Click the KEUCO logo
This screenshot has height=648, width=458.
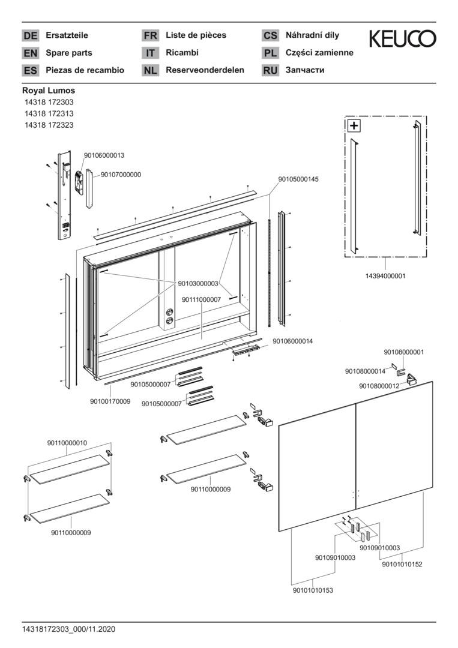pyautogui.click(x=402, y=40)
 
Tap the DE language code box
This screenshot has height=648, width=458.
pyautogui.click(x=30, y=35)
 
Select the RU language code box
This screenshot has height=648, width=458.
pyautogui.click(x=270, y=70)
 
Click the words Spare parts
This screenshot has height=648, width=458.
pyautogui.click(x=69, y=53)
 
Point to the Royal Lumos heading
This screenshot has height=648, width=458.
pyautogui.click(x=49, y=91)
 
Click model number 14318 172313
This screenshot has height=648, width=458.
pyautogui.click(x=49, y=113)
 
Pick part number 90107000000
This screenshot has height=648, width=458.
pyautogui.click(x=121, y=175)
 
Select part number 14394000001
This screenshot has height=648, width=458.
pyautogui.click(x=385, y=276)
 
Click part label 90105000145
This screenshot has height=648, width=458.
pyautogui.click(x=298, y=179)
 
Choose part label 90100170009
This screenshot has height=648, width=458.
pyautogui.click(x=110, y=401)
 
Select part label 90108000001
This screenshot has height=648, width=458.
pyautogui.click(x=404, y=352)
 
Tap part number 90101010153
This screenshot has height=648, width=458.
pyautogui.click(x=313, y=590)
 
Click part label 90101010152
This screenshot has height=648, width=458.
pyautogui.click(x=402, y=564)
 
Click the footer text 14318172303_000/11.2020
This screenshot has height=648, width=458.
pyautogui.click(x=68, y=629)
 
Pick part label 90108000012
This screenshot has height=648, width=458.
pyautogui.click(x=379, y=386)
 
